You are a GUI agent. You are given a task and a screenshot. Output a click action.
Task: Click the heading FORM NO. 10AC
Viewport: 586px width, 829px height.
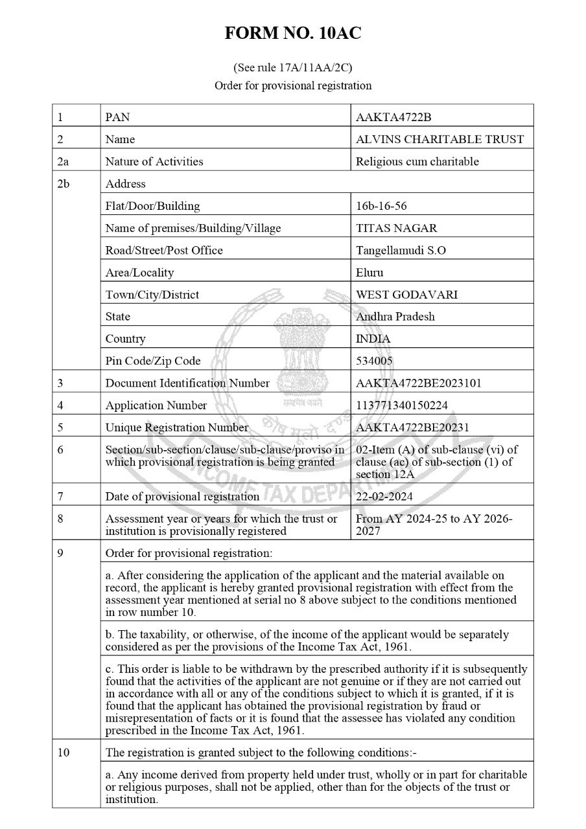pyautogui.click(x=293, y=34)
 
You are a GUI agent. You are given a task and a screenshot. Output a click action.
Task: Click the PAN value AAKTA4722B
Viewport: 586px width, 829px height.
pyautogui.click(x=393, y=117)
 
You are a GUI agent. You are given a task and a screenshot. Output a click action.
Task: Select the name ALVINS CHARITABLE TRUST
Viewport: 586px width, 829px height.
pyautogui.click(x=440, y=139)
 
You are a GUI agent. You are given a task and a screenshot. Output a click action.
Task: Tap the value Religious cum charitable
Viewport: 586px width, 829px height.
pyautogui.click(x=417, y=161)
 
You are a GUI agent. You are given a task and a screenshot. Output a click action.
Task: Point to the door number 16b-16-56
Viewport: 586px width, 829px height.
pyautogui.click(x=382, y=206)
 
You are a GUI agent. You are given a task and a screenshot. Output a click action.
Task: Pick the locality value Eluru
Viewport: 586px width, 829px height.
pyautogui.click(x=370, y=273)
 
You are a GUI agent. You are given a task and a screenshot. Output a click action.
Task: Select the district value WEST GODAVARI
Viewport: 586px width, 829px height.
pyautogui.click(x=407, y=295)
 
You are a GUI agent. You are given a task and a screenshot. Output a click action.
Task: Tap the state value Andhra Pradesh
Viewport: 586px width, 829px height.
pyautogui.click(x=395, y=317)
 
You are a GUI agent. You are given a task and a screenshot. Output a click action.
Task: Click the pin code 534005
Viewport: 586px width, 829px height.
pyautogui.click(x=375, y=361)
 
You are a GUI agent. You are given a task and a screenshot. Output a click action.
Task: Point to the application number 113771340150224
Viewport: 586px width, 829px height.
pyautogui.click(x=402, y=405)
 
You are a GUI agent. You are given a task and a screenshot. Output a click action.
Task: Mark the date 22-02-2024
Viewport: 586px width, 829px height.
pyautogui.click(x=385, y=497)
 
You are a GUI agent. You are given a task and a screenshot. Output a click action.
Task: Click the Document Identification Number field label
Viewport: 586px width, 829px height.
pyautogui.click(x=187, y=383)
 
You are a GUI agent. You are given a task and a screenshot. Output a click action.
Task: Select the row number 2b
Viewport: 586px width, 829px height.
pyautogui.click(x=63, y=184)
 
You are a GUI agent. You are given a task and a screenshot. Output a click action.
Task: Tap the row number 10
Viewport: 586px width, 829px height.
pyautogui.click(x=64, y=753)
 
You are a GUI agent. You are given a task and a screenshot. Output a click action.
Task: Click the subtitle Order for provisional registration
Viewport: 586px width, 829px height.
pyautogui.click(x=293, y=85)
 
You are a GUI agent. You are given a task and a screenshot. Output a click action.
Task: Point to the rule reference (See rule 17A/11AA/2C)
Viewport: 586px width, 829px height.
pyautogui.click(x=293, y=67)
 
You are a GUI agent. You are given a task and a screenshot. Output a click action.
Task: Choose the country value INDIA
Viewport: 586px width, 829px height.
pyautogui.click(x=373, y=339)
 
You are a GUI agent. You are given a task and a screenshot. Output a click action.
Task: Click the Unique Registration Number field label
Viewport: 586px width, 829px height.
pyautogui.click(x=177, y=427)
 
